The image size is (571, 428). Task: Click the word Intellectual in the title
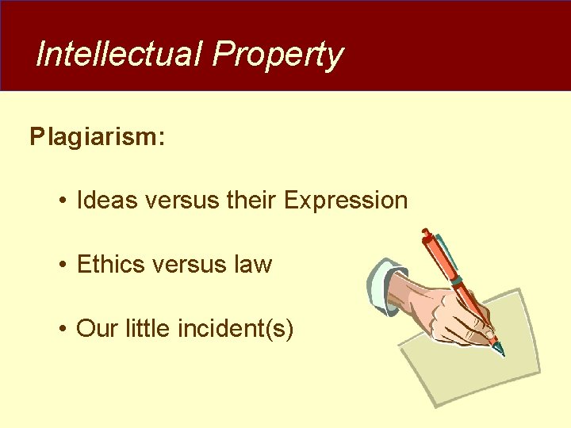[x=120, y=55]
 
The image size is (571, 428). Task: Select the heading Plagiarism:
[x=98, y=137]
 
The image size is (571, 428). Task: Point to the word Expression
[x=345, y=201]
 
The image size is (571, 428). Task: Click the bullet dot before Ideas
[x=61, y=201]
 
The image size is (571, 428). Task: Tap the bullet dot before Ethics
[x=61, y=265]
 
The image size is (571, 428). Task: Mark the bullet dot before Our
[x=61, y=328]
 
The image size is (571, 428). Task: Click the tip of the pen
[x=501, y=352]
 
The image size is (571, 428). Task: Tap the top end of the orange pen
[x=426, y=233]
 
